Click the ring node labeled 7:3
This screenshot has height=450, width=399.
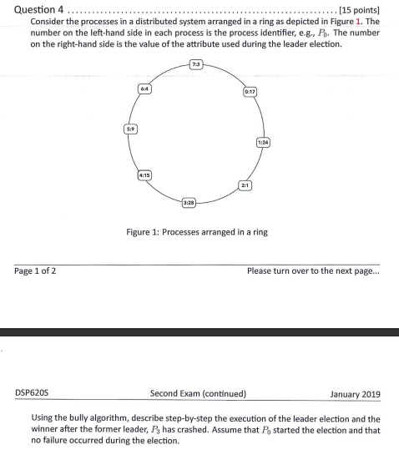[x=194, y=64]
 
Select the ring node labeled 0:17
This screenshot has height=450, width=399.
[x=250, y=90]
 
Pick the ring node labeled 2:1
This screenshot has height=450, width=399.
[x=245, y=183]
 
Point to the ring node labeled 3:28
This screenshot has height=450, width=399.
[x=189, y=202]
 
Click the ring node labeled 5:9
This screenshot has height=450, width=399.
[x=130, y=129]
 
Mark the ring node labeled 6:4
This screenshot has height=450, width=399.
[x=144, y=87]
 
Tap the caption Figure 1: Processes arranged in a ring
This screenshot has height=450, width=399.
[x=197, y=231]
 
